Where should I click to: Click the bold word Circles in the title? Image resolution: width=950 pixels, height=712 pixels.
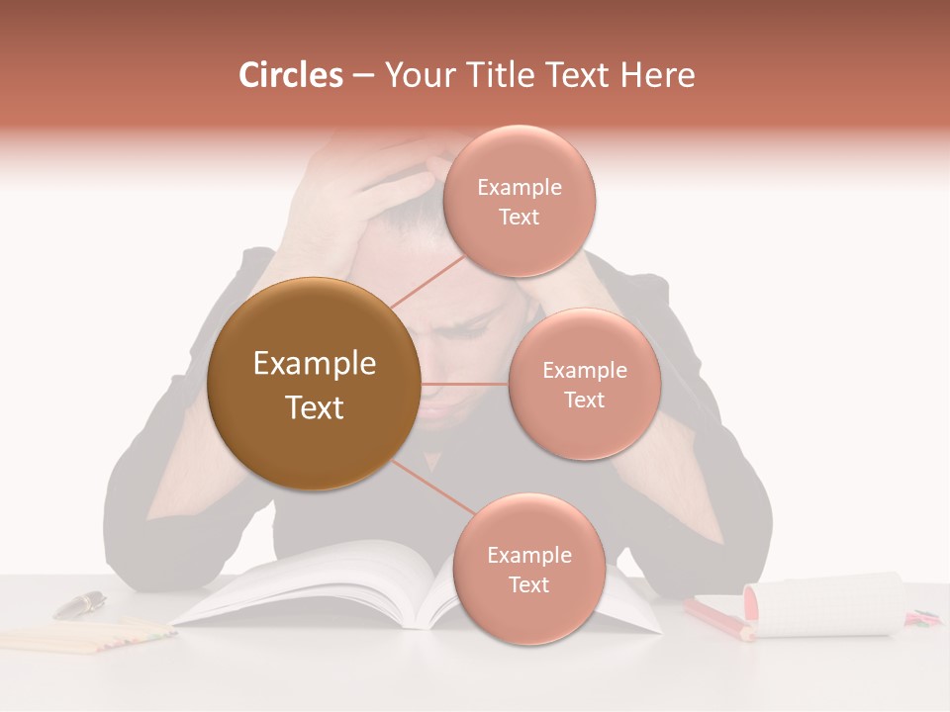pyautogui.click(x=290, y=75)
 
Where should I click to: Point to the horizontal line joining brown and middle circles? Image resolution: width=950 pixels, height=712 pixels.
pyautogui.click(x=464, y=384)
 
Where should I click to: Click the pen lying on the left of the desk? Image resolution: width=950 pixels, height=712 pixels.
pyautogui.click(x=79, y=604)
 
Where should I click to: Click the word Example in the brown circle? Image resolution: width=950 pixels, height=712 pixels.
pyautogui.click(x=314, y=364)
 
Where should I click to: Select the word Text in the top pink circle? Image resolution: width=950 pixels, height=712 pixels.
pyautogui.click(x=519, y=218)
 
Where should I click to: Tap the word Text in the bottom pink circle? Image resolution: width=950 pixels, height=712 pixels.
pyautogui.click(x=528, y=585)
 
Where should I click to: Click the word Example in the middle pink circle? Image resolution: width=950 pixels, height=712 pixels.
pyautogui.click(x=584, y=371)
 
